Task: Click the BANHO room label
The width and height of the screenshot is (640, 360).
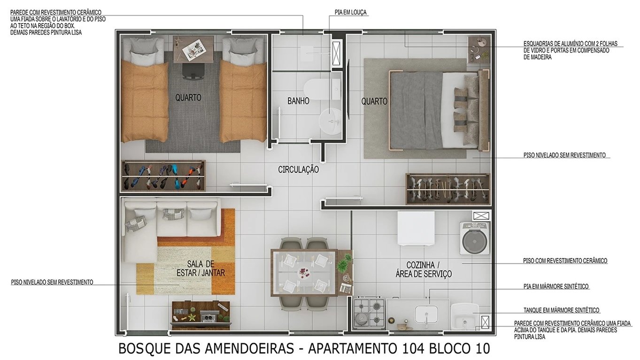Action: [x=298, y=101]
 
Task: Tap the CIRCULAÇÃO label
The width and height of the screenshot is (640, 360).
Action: [x=298, y=169]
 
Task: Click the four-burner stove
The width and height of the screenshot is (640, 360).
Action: [x=369, y=312]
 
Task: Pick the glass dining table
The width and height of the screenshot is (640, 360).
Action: [x=304, y=272]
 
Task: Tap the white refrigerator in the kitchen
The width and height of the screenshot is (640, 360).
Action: [x=416, y=228]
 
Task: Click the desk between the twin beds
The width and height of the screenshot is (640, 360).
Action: [x=193, y=49]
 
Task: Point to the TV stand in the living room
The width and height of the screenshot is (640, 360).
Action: [x=201, y=314]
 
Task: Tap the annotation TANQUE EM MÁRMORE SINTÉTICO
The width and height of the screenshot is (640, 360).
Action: [x=561, y=310]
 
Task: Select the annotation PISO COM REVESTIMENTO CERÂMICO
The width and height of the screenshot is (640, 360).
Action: [x=565, y=260]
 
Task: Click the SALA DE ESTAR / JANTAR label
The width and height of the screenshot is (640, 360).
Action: [x=200, y=268]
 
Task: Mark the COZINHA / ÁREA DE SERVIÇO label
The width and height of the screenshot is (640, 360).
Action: [x=423, y=269]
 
